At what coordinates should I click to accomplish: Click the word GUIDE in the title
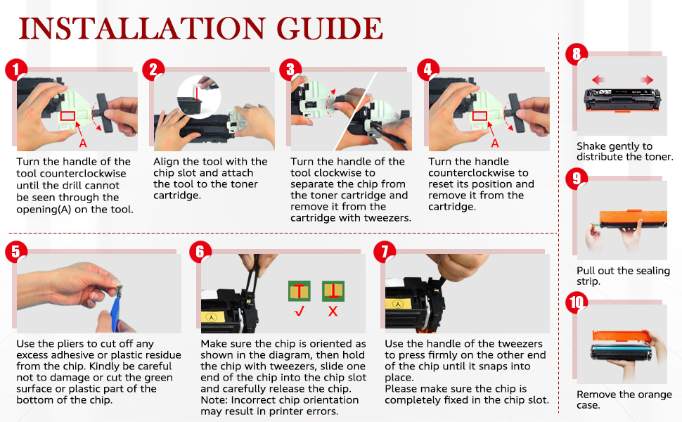[329, 29]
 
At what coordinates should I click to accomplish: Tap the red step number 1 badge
[17, 70]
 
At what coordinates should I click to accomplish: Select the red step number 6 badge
[200, 252]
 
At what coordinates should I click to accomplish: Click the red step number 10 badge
[577, 302]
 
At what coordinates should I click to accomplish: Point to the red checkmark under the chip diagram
[300, 311]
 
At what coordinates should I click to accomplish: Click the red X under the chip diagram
[333, 311]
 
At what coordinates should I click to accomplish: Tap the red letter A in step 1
[83, 143]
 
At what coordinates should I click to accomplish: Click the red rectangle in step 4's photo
[480, 116]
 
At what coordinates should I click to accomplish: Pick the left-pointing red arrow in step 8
[598, 79]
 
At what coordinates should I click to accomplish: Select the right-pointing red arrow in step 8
[647, 79]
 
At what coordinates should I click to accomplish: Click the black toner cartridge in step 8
[622, 99]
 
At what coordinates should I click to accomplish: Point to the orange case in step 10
[621, 336]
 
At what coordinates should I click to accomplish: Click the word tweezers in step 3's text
[390, 218]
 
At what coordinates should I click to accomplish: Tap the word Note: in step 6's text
[214, 400]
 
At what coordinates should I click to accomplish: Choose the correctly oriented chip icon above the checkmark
[300, 291]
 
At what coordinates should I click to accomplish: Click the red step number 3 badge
[290, 70]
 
